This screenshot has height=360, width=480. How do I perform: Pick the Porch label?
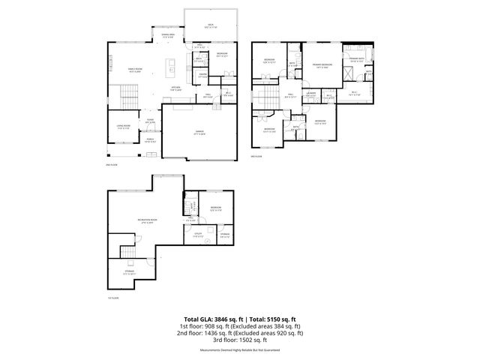click(149, 139)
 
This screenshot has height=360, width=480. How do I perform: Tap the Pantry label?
click(202, 74)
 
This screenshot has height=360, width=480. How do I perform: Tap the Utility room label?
click(197, 235)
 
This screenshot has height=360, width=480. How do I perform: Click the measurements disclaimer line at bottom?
click(239, 350)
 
